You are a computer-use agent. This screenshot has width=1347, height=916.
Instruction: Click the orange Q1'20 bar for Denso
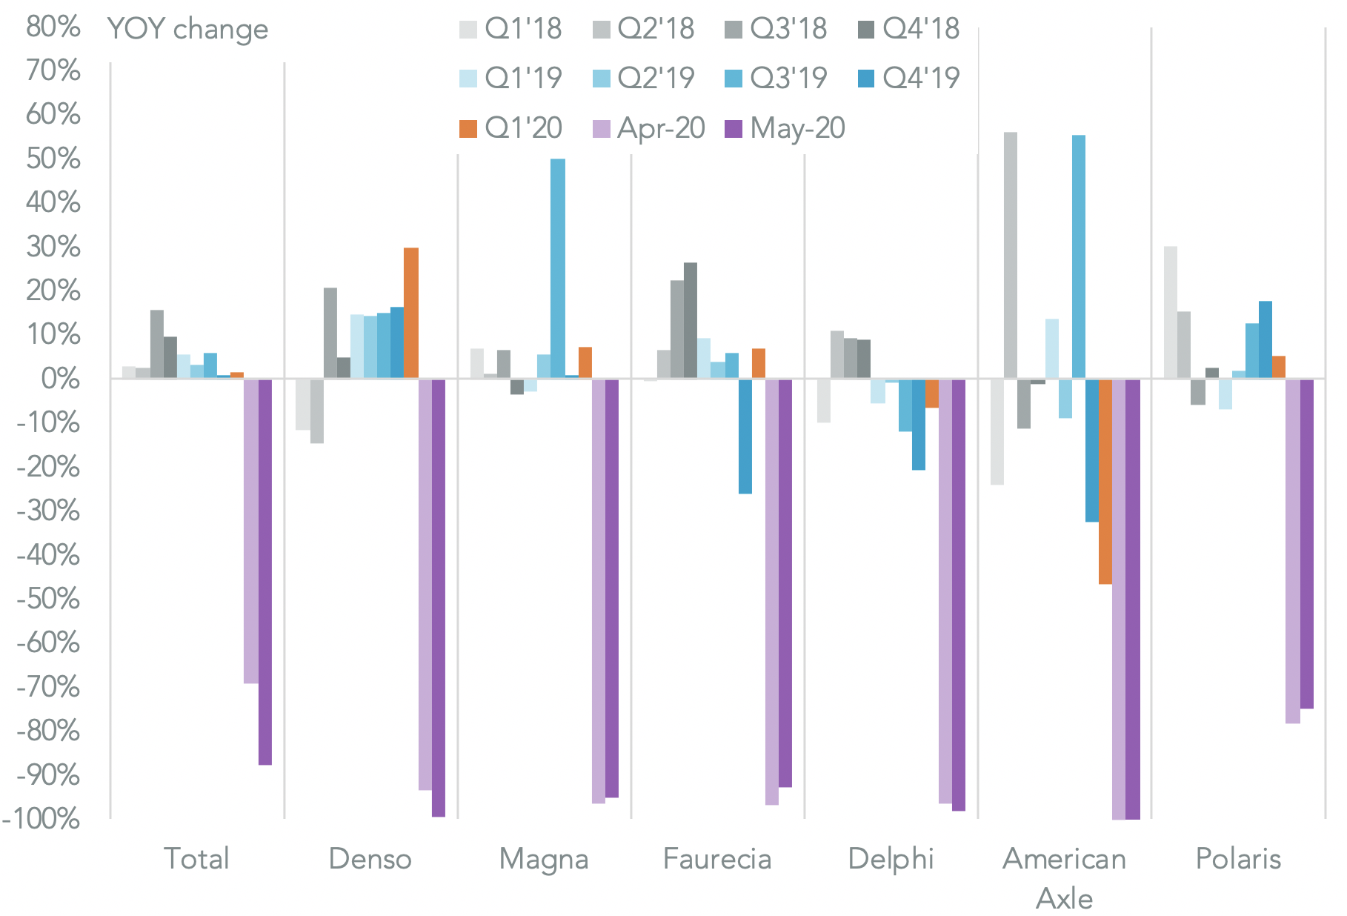(410, 313)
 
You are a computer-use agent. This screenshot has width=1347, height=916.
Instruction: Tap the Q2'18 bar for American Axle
(1010, 255)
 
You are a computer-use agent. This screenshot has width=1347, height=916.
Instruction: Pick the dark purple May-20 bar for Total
(265, 571)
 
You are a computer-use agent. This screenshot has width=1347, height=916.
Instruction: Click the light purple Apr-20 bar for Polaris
(1292, 551)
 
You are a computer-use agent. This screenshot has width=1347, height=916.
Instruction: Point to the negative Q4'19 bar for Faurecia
(745, 436)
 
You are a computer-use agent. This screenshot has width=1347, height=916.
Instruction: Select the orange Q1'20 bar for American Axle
(1105, 481)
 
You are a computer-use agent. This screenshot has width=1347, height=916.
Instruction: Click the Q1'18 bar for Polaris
(1170, 312)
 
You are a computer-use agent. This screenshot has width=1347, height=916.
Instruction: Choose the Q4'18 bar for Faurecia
(691, 320)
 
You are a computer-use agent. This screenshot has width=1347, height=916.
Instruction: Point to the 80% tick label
(53, 27)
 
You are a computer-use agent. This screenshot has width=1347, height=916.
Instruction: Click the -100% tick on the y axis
(42, 819)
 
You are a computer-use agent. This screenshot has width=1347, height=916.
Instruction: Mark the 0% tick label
(60, 379)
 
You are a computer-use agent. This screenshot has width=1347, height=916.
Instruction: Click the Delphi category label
(891, 859)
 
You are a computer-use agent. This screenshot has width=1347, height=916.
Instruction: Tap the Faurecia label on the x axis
(717, 859)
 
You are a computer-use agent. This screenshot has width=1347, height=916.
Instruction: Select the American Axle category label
(1064, 878)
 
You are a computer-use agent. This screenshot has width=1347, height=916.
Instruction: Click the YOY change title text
(188, 30)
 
